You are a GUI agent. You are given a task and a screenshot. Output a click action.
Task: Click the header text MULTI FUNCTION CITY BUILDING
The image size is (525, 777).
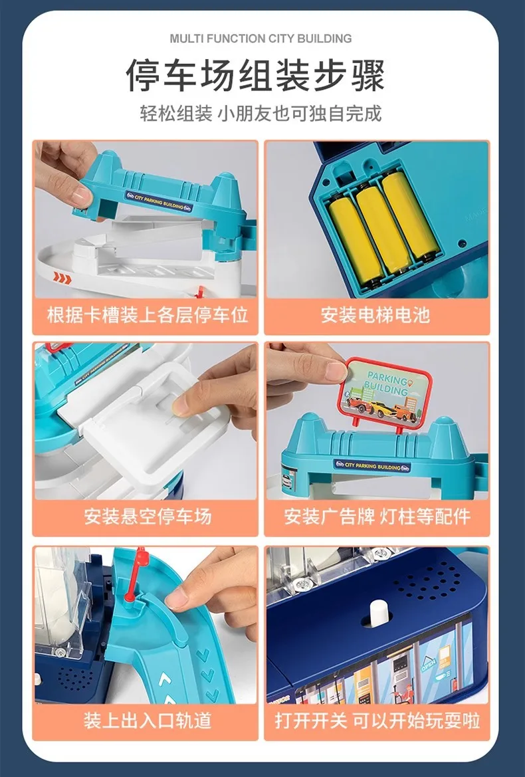click(x=261, y=39)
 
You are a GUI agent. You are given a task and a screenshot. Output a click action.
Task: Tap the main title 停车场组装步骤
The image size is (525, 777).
click(x=256, y=75)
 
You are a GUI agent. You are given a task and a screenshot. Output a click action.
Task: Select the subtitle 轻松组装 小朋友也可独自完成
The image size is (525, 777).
click(x=261, y=114)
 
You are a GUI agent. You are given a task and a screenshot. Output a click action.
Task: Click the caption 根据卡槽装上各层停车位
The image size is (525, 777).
click(x=148, y=315)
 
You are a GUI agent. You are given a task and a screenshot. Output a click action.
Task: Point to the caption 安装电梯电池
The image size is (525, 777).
click(x=375, y=315)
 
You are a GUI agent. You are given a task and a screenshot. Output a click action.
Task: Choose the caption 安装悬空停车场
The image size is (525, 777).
click(x=148, y=516)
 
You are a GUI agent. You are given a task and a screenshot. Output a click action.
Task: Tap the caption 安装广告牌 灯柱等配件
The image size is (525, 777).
click(x=377, y=516)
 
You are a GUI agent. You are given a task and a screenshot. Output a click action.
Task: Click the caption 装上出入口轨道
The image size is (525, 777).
click(x=148, y=720)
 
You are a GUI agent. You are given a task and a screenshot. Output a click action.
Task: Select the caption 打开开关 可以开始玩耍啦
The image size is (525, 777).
click(x=377, y=720)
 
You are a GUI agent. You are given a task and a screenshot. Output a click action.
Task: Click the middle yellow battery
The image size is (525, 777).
click(x=384, y=229)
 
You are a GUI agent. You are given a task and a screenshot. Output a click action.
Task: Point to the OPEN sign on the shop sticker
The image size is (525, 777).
click(x=428, y=664)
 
